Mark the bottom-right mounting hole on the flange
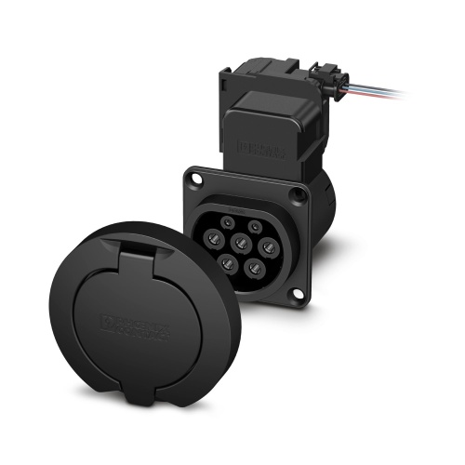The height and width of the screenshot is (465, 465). pyautogui.click(x=299, y=296)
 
